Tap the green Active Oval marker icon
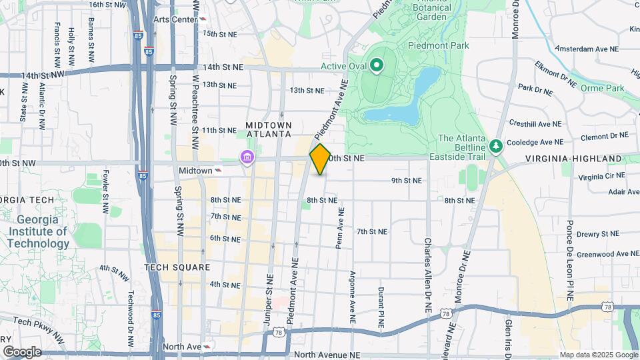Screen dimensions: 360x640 click(x=376, y=65)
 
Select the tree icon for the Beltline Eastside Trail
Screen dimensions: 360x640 click(x=495, y=145)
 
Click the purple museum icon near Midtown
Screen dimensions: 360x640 click(x=247, y=158)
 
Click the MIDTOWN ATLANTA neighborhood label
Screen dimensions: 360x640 click(x=269, y=129)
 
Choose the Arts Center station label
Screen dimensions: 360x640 click(x=175, y=19)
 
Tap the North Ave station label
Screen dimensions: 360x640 click(x=182, y=347)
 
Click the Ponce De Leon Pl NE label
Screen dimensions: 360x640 click(x=570, y=260)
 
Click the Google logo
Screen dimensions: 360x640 click(x=22, y=351)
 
